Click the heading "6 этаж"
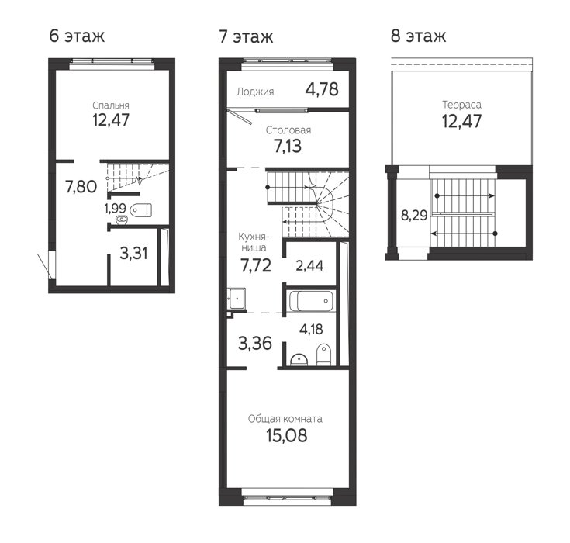[x=77, y=36]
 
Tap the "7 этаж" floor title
[x=246, y=36]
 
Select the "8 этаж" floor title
[x=418, y=36]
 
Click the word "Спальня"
[x=110, y=105]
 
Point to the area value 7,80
[x=81, y=187]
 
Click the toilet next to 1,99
[x=140, y=210]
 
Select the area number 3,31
[x=133, y=253]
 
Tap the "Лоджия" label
[x=255, y=92]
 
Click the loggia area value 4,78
[x=322, y=89]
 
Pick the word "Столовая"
[x=288, y=130]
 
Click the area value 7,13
[x=288, y=146]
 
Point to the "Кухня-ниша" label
[x=254, y=242]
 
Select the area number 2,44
[x=309, y=266]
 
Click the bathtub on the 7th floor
[x=311, y=301]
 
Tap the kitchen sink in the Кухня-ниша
[x=237, y=299]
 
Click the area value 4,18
[x=311, y=329]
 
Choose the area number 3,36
[x=255, y=344]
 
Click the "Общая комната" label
[x=285, y=419]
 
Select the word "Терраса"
[x=461, y=105]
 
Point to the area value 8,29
[x=414, y=216]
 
